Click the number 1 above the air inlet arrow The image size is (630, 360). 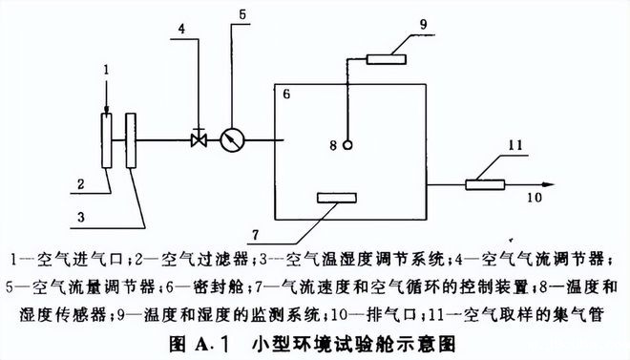pos(107,70)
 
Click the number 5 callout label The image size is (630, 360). pos(241,14)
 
